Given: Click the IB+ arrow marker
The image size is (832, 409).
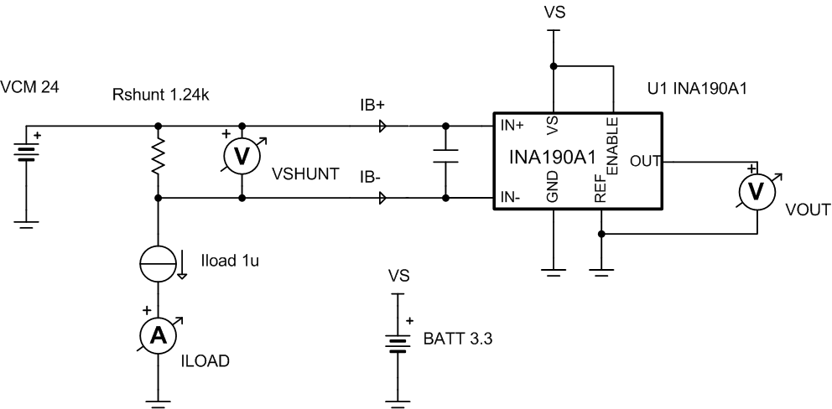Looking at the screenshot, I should coord(382,127).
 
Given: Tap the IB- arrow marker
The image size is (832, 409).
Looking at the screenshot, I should coord(382,199).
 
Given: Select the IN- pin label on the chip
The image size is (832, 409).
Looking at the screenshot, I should coord(512,198).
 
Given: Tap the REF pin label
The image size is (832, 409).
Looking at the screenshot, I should coord(601,193).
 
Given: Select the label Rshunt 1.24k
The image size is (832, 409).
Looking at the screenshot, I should coord(160,94).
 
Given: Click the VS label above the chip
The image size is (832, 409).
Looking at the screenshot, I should coord(554,15).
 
